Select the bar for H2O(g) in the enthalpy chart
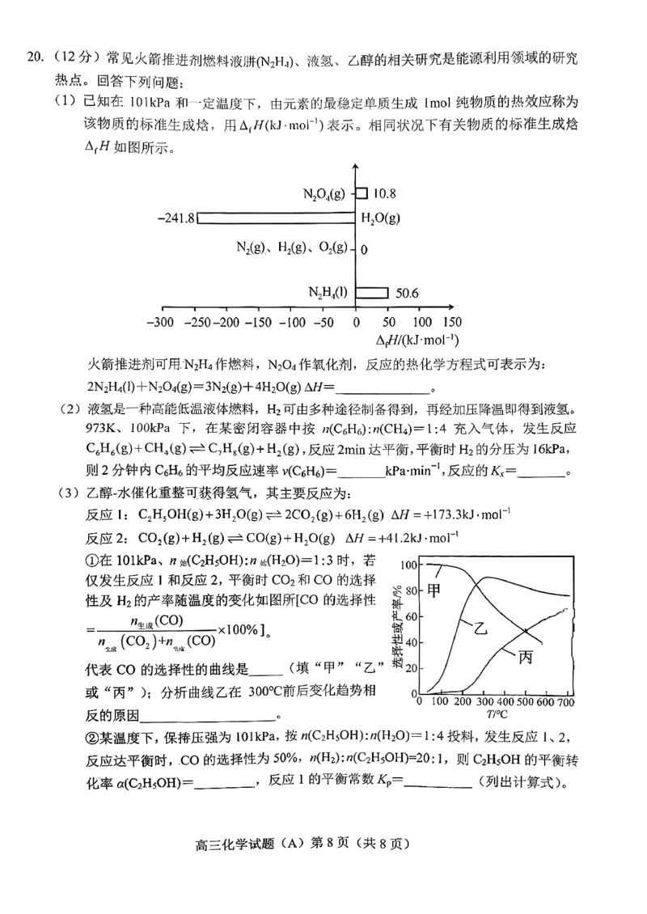[275, 218]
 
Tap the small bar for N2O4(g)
[362, 193]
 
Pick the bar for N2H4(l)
[372, 292]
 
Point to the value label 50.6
[408, 293]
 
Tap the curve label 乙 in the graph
[470, 628]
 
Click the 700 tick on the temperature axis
[565, 701]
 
